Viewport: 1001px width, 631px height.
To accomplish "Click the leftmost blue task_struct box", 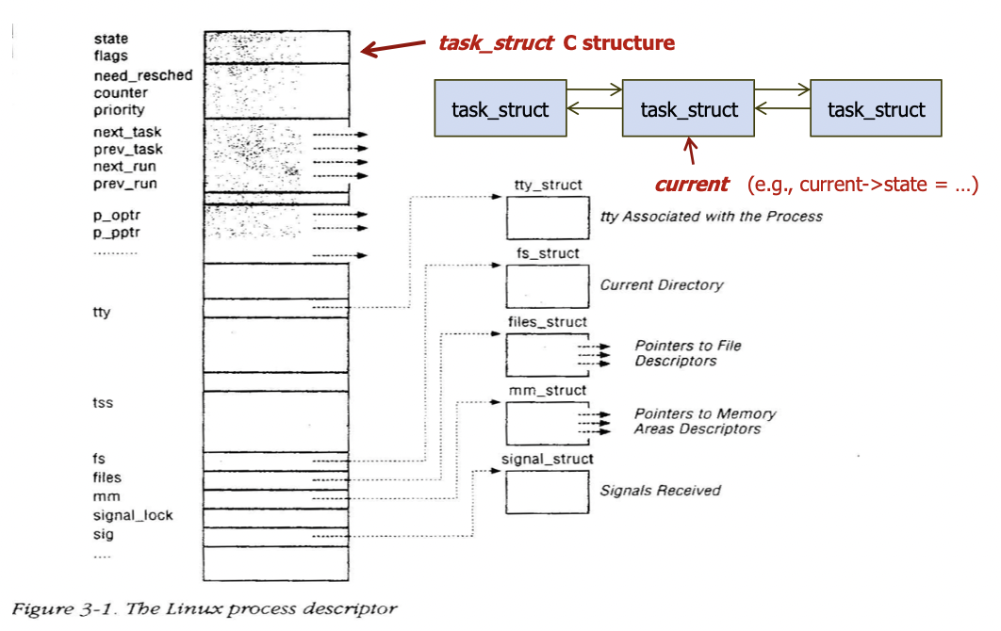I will coord(500,109).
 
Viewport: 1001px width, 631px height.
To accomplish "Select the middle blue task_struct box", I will coord(688,109).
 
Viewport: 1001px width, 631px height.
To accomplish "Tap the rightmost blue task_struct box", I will coord(876,109).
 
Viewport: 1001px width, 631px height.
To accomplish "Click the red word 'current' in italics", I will coord(692,185).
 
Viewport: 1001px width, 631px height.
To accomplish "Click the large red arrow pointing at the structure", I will coord(396,48).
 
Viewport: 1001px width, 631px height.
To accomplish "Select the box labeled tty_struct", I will coord(548,218).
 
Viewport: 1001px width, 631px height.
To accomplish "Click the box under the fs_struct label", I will coord(548,285).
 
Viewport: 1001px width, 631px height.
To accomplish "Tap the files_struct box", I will coord(548,354).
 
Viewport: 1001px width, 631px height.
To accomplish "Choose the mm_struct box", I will coord(548,422).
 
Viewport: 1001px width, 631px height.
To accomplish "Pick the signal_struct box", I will coord(548,491).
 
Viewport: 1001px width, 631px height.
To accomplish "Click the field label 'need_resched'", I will coord(142,75).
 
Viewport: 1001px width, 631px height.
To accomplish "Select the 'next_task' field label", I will coord(128,132).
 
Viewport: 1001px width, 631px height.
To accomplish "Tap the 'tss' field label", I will coord(103,403).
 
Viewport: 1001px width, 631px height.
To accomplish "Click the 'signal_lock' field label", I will coord(133,515).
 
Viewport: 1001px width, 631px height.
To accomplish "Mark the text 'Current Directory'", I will coord(661,284).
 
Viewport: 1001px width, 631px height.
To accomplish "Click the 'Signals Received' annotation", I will coord(660,490).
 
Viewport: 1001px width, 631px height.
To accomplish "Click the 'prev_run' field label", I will coord(125,184).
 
